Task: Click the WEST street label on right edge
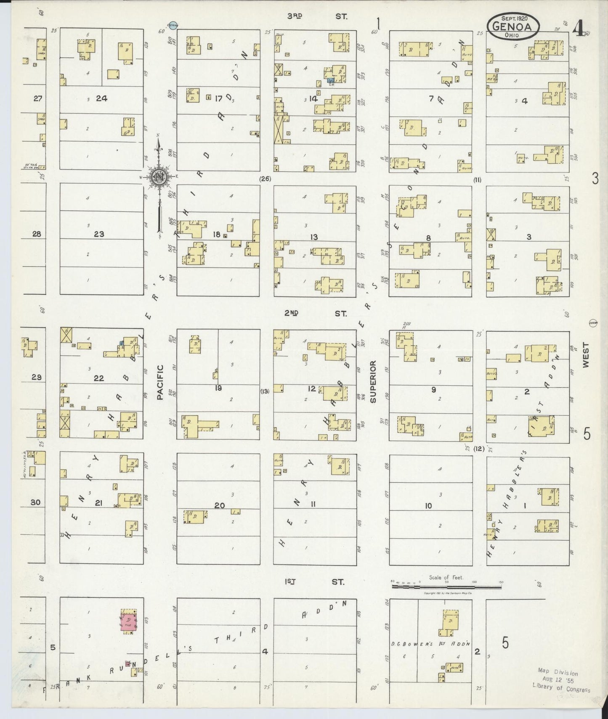[x=587, y=355]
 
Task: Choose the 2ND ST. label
[x=315, y=314]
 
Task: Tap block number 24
[x=101, y=98]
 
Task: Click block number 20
[x=220, y=505]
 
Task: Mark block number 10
[x=428, y=506]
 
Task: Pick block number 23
[x=99, y=234]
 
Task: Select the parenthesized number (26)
[x=265, y=179]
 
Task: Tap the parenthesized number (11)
[x=477, y=180]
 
